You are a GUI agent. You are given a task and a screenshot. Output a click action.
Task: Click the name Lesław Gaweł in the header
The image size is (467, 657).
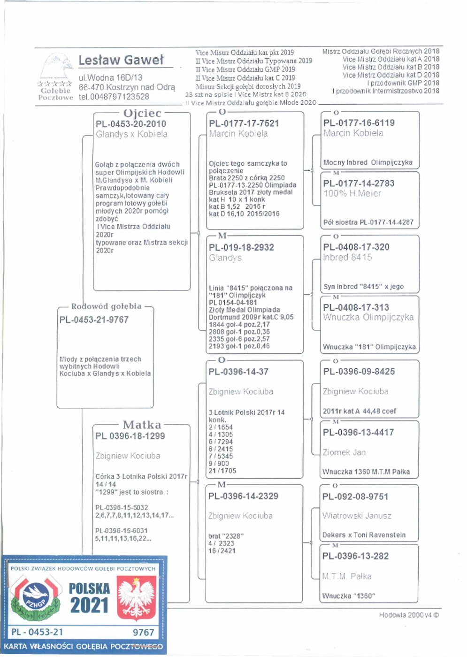[121, 61]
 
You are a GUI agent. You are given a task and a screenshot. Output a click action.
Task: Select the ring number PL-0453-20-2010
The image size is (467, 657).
[131, 124]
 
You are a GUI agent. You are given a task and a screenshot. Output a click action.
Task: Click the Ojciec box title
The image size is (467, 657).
[142, 113]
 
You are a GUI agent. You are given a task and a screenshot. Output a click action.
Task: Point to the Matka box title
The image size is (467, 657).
[142, 425]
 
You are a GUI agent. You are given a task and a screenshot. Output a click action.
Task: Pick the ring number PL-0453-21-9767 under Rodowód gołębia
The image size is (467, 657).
[94, 320]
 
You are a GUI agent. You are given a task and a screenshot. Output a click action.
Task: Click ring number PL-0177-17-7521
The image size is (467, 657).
[244, 123]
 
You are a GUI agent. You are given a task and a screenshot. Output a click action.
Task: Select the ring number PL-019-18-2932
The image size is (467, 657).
[241, 247]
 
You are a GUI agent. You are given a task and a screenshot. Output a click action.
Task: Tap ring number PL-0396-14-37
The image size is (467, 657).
[238, 372]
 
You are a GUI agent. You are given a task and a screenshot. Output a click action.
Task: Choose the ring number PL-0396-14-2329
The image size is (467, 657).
[243, 496]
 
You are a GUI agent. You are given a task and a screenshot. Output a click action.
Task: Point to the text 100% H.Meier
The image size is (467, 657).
[352, 193]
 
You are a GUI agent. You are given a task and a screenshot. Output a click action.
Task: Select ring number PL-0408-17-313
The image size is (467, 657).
[356, 307]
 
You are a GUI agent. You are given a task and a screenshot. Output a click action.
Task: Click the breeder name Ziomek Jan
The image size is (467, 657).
[344, 452]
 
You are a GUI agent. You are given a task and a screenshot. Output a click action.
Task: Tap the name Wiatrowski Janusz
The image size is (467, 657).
[357, 516]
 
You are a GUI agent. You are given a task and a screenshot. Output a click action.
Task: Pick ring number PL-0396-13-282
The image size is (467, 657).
[355, 556]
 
